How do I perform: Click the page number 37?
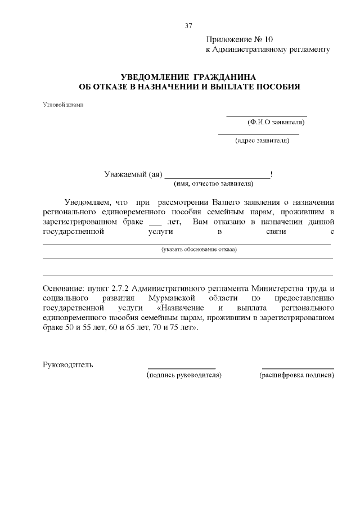click(188, 25)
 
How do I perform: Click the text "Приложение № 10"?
click(239, 39)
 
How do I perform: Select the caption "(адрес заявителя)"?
click(262, 141)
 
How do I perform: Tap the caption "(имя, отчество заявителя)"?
click(213, 183)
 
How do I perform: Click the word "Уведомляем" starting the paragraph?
click(88, 202)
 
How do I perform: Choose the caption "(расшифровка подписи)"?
click(296, 375)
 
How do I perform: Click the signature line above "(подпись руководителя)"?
click(182, 368)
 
